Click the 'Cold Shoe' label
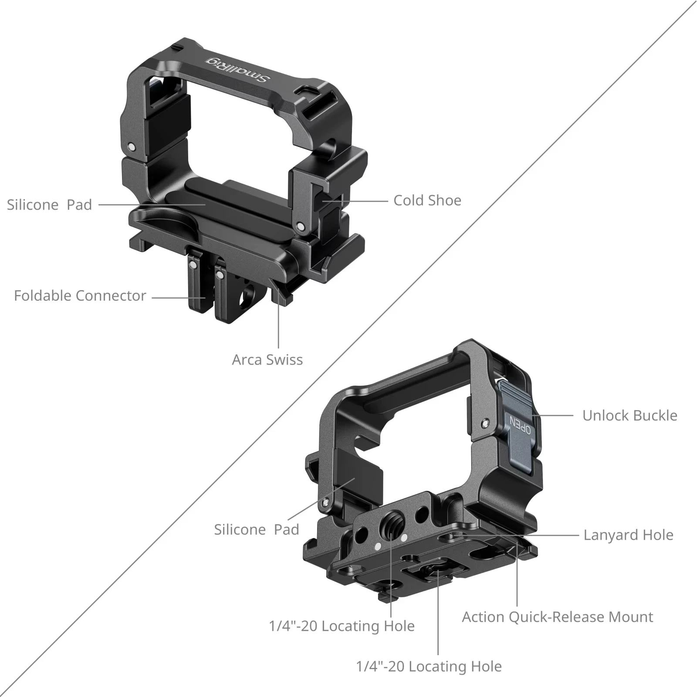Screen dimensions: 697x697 [x=427, y=200]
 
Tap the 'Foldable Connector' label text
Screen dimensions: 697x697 [x=80, y=296]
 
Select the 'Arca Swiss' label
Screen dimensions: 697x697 [x=267, y=360]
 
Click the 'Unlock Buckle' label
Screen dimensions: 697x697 [x=629, y=416]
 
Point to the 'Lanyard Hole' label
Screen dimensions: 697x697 [x=628, y=535]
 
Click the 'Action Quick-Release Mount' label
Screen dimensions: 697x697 [x=557, y=617]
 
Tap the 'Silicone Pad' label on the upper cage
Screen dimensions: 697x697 [x=49, y=205]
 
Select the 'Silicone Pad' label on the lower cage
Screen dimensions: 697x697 [x=256, y=530]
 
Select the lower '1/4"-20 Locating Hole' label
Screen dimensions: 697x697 [x=429, y=667]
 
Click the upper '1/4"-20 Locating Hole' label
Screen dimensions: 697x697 [x=342, y=626]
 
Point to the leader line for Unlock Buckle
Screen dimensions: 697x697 [x=555, y=416]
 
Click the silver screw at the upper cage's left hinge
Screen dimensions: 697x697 [x=131, y=147]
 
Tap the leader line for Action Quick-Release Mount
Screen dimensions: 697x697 [x=517, y=579]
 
